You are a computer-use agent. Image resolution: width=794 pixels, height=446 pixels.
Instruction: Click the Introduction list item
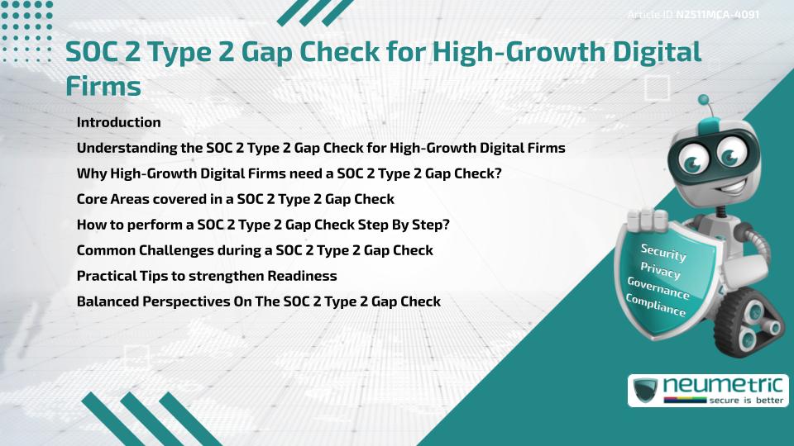[118, 122]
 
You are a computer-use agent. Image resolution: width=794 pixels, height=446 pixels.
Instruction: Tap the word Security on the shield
[663, 253]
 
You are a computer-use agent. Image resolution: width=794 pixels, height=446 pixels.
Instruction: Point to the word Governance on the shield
[658, 288]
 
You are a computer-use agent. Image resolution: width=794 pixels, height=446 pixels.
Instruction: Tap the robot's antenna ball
[706, 102]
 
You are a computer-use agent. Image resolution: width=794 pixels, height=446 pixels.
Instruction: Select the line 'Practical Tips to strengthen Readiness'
[207, 275]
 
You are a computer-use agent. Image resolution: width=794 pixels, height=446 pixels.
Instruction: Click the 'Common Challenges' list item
[255, 249]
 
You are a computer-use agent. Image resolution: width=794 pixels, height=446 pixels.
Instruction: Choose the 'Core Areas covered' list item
[235, 199]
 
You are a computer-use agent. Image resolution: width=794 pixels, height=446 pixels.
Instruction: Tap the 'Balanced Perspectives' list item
[258, 301]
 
